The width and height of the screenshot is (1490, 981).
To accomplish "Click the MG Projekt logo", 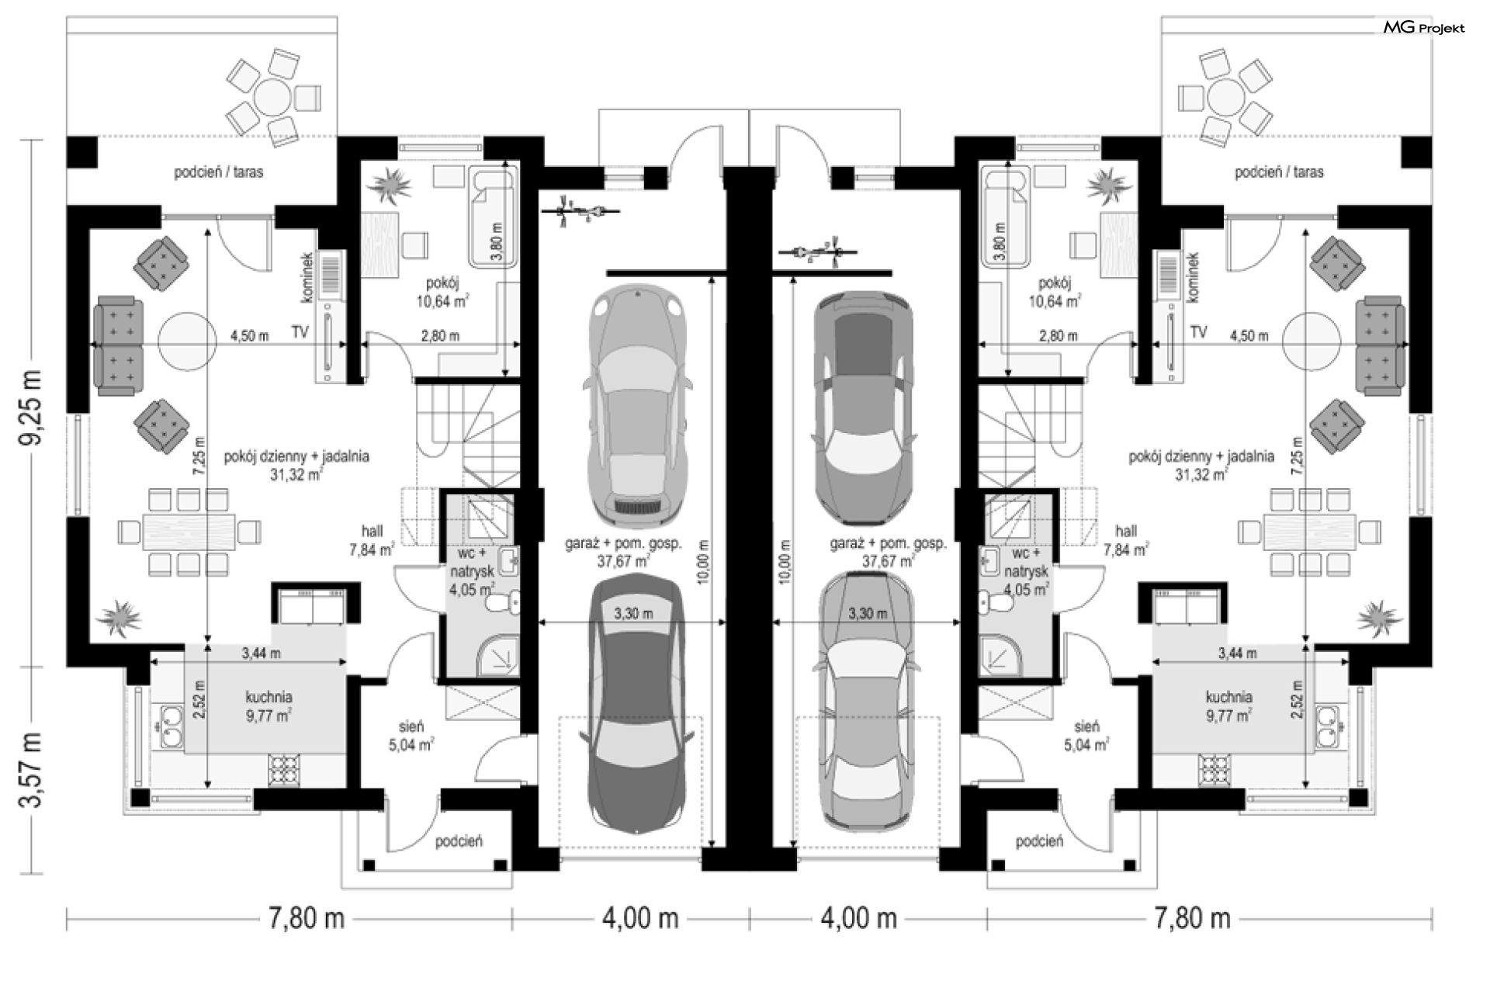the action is (1424, 28).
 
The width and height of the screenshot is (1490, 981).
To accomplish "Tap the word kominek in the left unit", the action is (307, 277).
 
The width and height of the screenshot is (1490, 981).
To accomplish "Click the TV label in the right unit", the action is (1198, 332).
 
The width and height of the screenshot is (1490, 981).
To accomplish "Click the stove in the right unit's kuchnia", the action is (1215, 769).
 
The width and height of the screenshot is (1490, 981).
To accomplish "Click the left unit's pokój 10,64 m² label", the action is (443, 292).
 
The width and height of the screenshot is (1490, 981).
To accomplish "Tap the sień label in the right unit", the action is (1086, 736).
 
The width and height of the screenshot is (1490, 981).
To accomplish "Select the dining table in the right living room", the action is (1309, 532).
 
